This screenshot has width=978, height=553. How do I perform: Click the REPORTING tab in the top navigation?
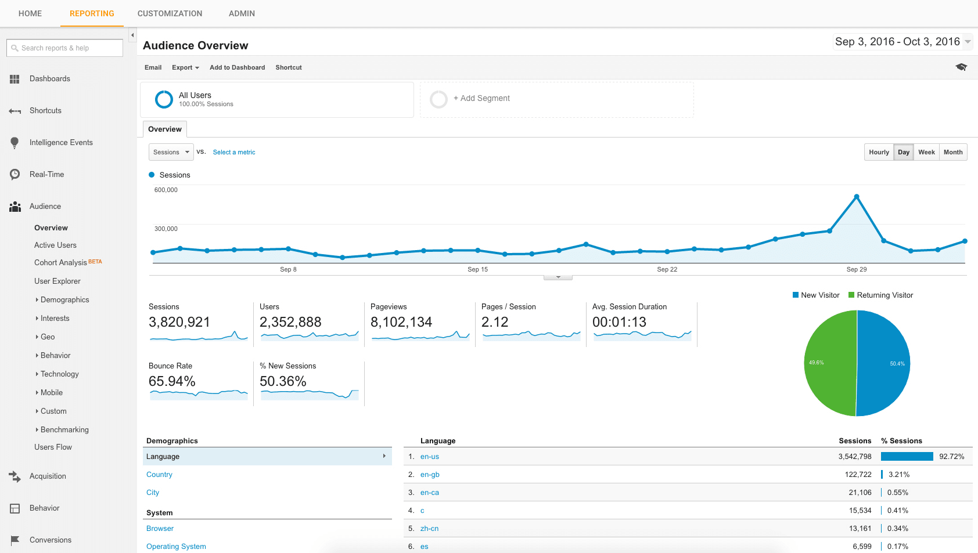pyautogui.click(x=92, y=13)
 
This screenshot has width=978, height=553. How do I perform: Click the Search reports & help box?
pyautogui.click(x=65, y=48)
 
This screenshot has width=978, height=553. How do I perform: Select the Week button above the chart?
pyautogui.click(x=926, y=152)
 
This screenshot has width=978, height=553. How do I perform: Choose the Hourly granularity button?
pyautogui.click(x=879, y=152)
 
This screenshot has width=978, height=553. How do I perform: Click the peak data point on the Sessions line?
pyautogui.click(x=857, y=197)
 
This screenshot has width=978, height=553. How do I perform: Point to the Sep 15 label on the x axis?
pyautogui.click(x=477, y=269)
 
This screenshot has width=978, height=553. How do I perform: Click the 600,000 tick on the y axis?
pyautogui.click(x=166, y=190)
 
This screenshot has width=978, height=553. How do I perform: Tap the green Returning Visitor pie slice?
pyautogui.click(x=828, y=363)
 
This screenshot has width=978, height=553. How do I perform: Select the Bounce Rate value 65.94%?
pyautogui.click(x=172, y=381)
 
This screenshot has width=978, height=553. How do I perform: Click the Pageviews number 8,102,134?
pyautogui.click(x=401, y=322)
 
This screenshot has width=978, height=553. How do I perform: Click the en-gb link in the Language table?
pyautogui.click(x=430, y=475)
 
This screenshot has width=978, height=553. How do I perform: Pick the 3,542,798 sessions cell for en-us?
pyautogui.click(x=854, y=457)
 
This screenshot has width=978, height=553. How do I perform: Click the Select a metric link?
pyautogui.click(x=234, y=152)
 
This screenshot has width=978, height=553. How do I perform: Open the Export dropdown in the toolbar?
pyautogui.click(x=185, y=67)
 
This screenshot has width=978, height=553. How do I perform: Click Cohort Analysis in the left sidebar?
pyautogui.click(x=60, y=263)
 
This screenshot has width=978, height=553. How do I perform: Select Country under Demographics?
pyautogui.click(x=159, y=475)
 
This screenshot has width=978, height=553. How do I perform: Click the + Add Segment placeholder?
pyautogui.click(x=481, y=99)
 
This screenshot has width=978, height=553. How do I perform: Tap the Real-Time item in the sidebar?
pyautogui.click(x=46, y=174)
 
